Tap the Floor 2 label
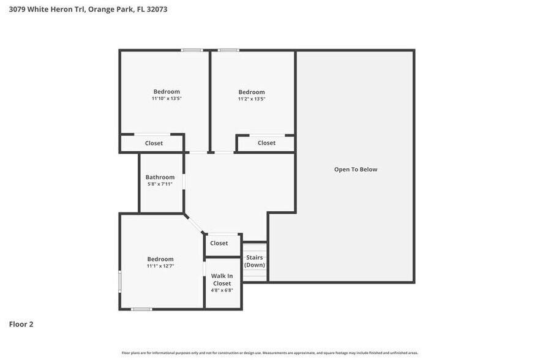tap(21, 324)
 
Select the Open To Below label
tap(356, 169)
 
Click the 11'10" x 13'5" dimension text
tap(167, 98)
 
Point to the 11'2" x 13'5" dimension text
tap(252, 99)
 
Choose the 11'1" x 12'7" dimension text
tap(160, 266)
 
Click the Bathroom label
tap(160, 177)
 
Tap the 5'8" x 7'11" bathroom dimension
tap(160, 184)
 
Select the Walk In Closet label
tap(222, 280)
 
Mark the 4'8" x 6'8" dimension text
tap(222, 290)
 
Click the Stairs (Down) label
tap(255, 261)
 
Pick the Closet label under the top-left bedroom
tap(154, 143)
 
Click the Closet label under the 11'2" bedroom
tap(266, 143)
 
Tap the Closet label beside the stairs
tap(219, 243)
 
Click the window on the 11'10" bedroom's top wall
tap(192, 50)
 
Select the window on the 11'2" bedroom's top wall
tap(229, 50)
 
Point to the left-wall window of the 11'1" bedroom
tap(120, 283)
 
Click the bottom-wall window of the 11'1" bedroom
tap(141, 309)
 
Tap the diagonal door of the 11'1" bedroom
tap(195, 223)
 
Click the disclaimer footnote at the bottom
tap(270, 353)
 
